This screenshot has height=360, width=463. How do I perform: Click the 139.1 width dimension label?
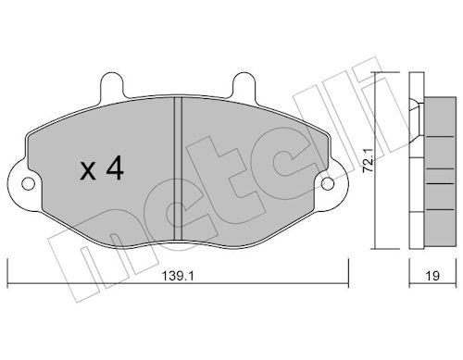click(x=178, y=276)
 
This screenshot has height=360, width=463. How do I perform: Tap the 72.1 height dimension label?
click(x=369, y=160)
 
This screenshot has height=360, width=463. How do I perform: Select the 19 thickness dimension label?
click(x=432, y=276)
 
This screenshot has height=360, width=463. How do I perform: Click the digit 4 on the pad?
click(x=115, y=168)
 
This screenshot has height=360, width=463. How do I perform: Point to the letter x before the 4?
click(x=88, y=171)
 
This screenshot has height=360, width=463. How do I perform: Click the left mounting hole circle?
click(x=28, y=184)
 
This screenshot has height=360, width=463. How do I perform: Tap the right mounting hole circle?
click(x=328, y=184)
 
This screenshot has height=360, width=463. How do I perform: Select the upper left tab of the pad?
click(x=112, y=85)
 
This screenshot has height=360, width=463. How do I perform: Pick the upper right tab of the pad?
click(x=244, y=85)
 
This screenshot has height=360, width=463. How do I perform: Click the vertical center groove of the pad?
click(x=178, y=168)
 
